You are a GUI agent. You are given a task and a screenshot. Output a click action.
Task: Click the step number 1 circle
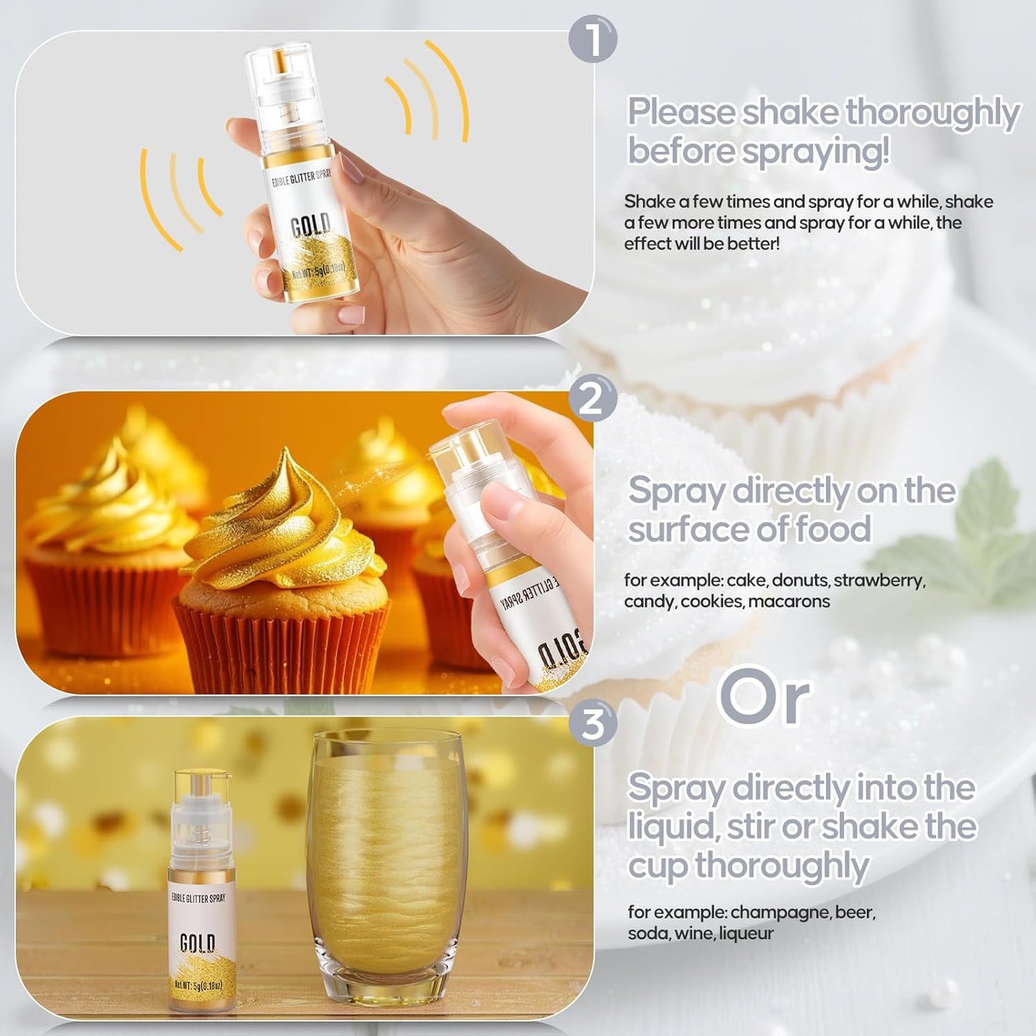(x=593, y=39)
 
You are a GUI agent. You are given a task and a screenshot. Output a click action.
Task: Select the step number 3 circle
(x=593, y=723)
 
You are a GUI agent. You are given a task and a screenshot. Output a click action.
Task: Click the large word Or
(x=764, y=698)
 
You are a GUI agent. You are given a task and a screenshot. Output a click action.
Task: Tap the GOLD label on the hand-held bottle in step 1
(x=310, y=227)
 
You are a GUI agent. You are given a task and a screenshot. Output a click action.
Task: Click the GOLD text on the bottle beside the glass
(x=197, y=942)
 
